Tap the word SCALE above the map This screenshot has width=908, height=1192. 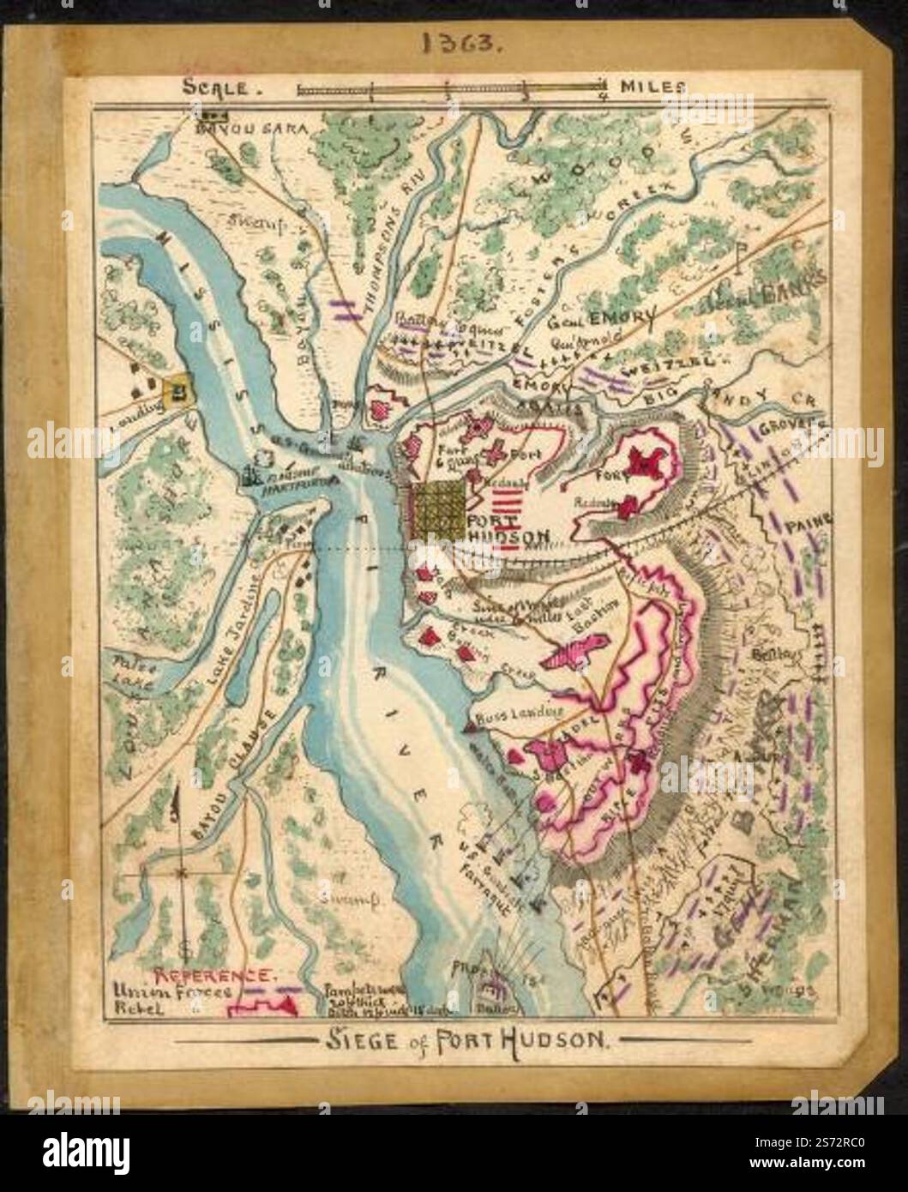pos(214,87)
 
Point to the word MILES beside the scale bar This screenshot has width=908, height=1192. pos(652,87)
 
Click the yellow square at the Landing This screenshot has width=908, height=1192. pos(178,391)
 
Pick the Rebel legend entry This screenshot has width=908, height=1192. pos(134,1008)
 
